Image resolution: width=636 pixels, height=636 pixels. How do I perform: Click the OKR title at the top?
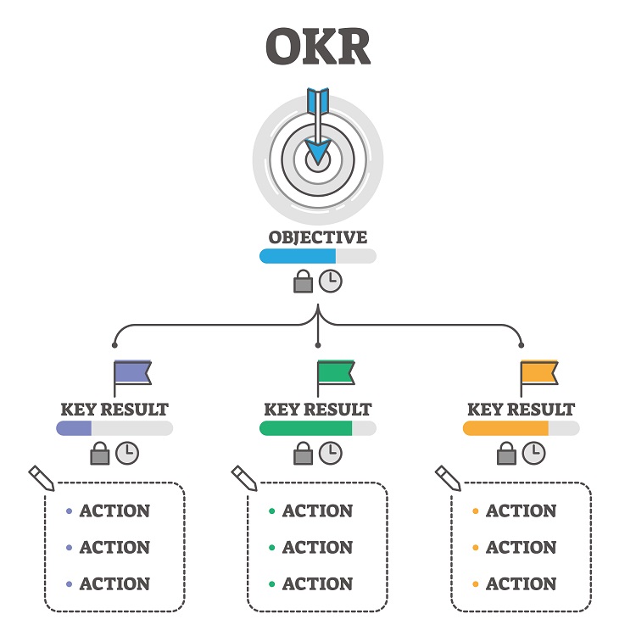coord(318,47)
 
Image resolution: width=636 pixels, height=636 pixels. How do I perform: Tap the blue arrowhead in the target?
coord(318,152)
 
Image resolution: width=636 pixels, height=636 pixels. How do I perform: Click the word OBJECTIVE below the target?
coord(318,237)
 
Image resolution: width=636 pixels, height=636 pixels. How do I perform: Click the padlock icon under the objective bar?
coord(303,282)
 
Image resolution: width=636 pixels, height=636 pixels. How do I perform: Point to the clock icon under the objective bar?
coord(331,282)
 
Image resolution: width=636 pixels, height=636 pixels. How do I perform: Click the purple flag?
coord(132,373)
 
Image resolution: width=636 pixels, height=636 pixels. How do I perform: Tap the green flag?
coord(336,373)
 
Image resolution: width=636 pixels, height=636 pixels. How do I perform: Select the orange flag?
coord(539,373)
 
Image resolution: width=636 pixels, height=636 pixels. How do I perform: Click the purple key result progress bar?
coord(74,428)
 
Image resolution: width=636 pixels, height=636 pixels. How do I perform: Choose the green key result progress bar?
coord(306,428)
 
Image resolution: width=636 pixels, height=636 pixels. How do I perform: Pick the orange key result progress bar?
coord(506,428)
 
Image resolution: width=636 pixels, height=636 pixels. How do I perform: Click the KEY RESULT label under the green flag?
coord(318,410)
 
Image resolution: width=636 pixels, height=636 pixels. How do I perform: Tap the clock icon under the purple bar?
coord(127,453)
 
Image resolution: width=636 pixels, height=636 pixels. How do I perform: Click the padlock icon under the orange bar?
coord(506,454)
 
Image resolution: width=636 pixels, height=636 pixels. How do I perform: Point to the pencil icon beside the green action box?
coord(244,477)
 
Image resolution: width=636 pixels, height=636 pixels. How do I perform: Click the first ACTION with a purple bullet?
coord(114,511)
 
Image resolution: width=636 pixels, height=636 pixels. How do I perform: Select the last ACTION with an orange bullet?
coord(521,584)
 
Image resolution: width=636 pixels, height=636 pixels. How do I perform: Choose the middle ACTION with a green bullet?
coord(317,548)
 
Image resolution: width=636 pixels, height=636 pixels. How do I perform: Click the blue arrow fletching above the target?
coord(318,100)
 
